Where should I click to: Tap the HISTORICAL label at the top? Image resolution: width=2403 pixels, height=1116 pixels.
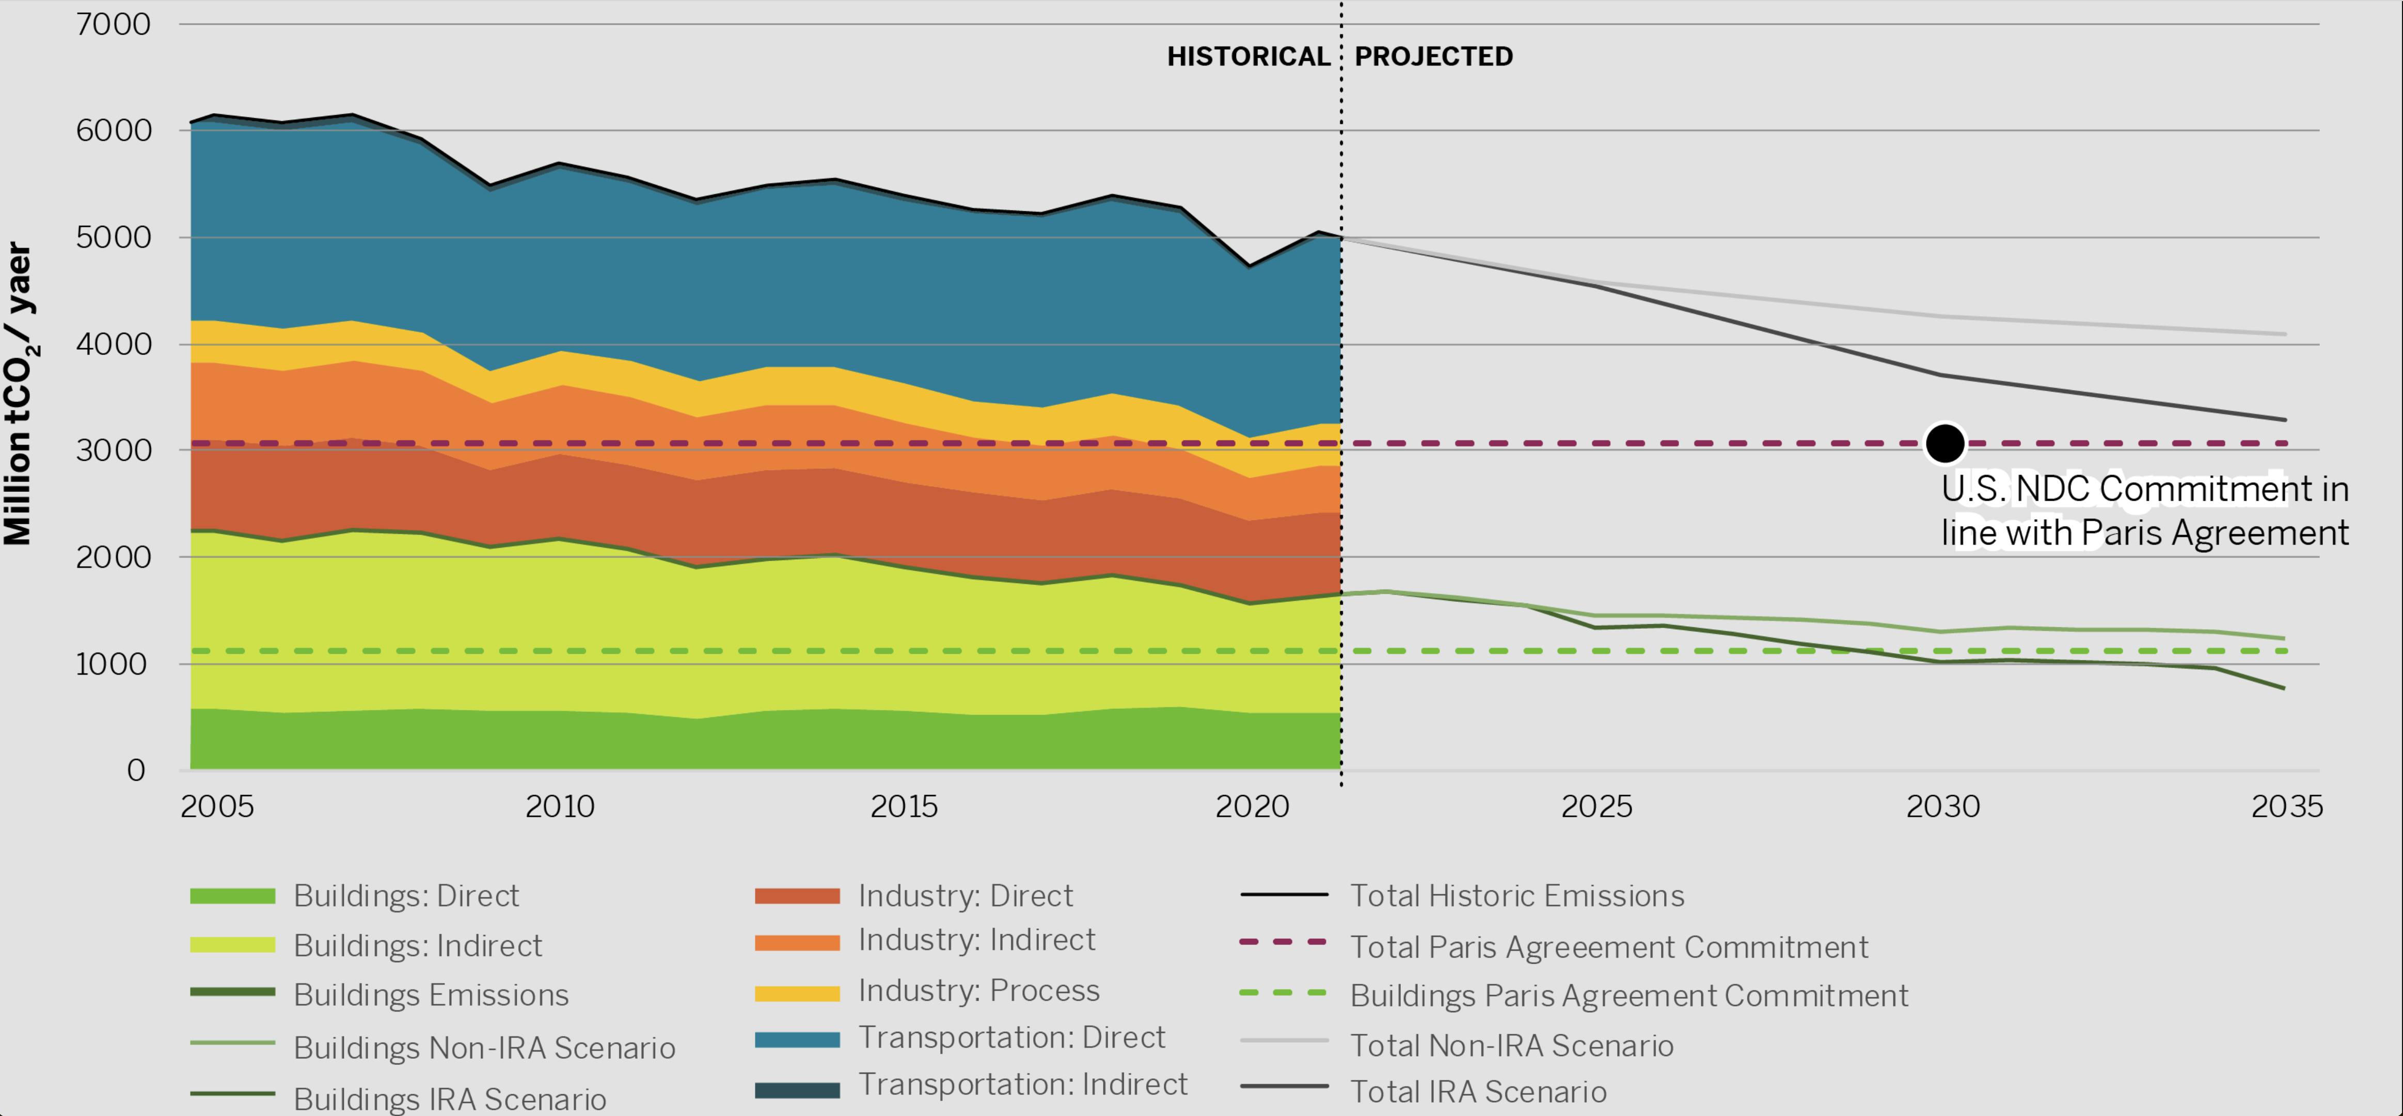pyautogui.click(x=1248, y=57)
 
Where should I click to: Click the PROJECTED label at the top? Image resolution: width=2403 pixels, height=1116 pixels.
pyautogui.click(x=1433, y=57)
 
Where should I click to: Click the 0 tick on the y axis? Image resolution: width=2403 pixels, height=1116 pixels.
pyautogui.click(x=136, y=771)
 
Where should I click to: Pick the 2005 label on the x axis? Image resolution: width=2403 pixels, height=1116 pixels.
pyautogui.click(x=216, y=806)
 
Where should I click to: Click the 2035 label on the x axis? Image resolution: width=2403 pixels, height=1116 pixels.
pyautogui.click(x=2286, y=806)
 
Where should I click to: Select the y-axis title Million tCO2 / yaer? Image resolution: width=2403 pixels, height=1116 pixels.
pyautogui.click(x=19, y=394)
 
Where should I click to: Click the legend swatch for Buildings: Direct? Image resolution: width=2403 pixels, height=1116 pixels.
pyautogui.click(x=232, y=896)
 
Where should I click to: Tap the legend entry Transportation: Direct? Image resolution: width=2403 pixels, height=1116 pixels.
pyautogui.click(x=1011, y=1037)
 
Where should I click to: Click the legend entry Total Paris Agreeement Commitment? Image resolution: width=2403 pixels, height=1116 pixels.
pyautogui.click(x=1608, y=947)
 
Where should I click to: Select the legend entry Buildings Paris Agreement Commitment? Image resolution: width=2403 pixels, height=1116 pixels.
pyautogui.click(x=1629, y=996)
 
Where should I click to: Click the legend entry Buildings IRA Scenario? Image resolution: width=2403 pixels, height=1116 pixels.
pyautogui.click(x=450, y=1099)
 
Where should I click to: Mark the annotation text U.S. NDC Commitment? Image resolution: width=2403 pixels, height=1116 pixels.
pyautogui.click(x=2144, y=489)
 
